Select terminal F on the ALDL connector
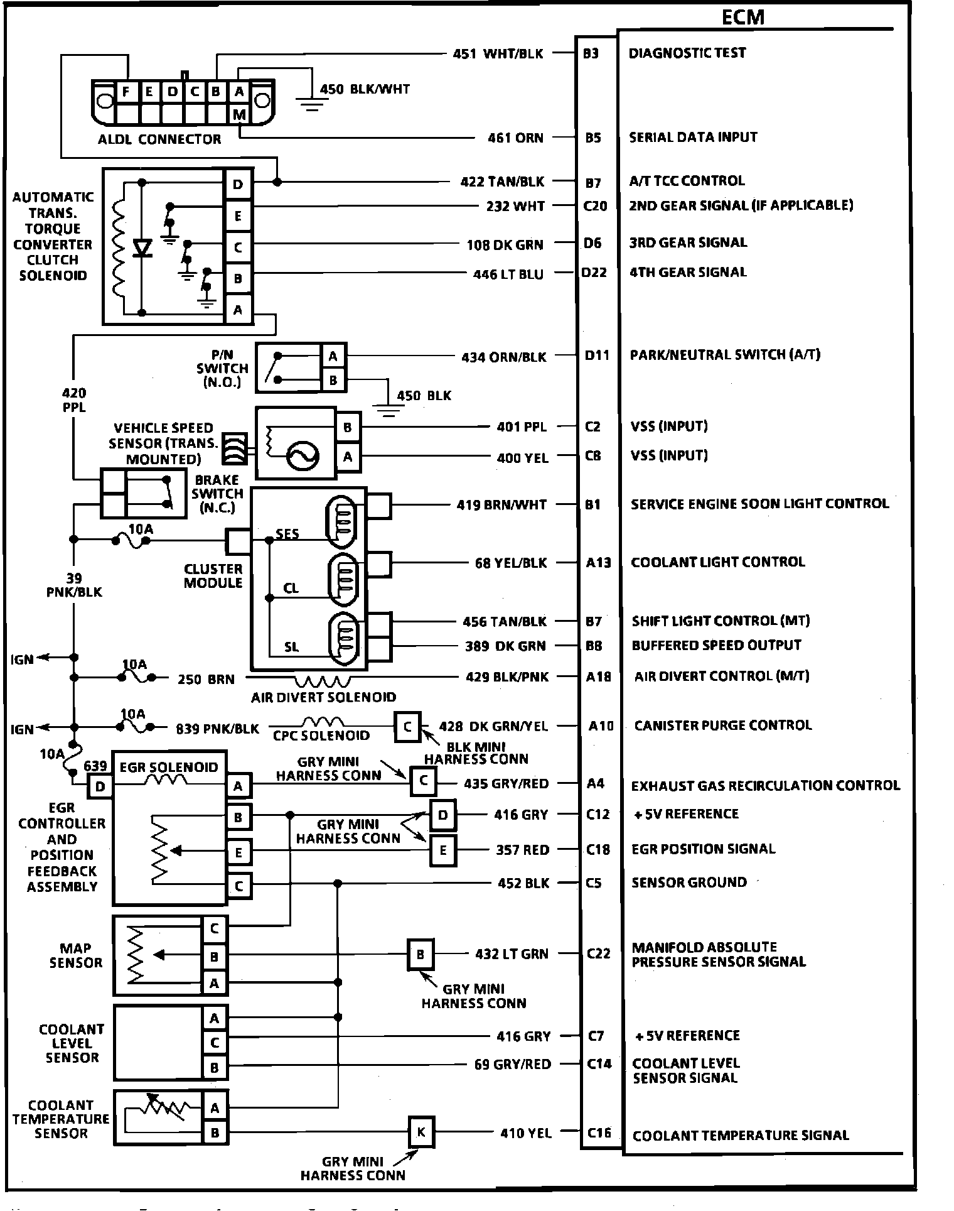(x=126, y=92)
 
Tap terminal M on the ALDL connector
(x=239, y=114)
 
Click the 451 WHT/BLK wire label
(x=498, y=54)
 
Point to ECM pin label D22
(x=594, y=273)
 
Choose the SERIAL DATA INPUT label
(x=693, y=137)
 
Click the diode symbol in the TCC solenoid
(x=143, y=248)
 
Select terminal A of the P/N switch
(x=333, y=356)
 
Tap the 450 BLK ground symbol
(x=389, y=411)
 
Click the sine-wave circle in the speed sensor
(x=302, y=457)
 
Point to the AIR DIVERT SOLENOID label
(x=323, y=697)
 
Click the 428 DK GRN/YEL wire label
(x=493, y=727)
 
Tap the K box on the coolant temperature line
(x=421, y=1132)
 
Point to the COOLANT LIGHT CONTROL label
(x=717, y=562)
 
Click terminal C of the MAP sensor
(x=214, y=928)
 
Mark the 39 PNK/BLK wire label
(x=73, y=585)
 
